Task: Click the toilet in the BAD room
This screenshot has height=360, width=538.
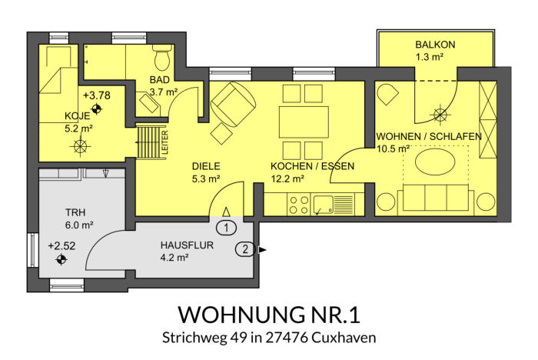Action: point(162,58)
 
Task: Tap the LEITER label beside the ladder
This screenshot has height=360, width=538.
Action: point(164,142)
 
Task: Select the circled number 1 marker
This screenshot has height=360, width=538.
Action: point(227,228)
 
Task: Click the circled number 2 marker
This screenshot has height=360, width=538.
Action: point(245,249)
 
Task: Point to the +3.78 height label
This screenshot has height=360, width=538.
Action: point(97,95)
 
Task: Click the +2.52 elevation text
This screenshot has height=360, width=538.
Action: point(61,246)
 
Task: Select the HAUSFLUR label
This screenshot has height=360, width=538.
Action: point(187,245)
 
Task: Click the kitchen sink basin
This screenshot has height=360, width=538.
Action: point(324,204)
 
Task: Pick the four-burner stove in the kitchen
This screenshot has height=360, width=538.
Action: point(299,205)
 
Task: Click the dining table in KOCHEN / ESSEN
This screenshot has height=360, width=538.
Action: point(304,122)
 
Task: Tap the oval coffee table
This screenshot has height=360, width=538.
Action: point(436,162)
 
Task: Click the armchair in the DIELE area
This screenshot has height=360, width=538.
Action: point(234,104)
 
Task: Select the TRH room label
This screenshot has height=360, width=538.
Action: point(75,212)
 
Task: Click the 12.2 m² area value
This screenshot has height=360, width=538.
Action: point(287,179)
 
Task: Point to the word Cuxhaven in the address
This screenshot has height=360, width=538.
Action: point(344,338)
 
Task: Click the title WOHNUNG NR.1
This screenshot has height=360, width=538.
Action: point(269,315)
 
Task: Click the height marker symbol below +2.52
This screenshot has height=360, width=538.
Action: point(61,260)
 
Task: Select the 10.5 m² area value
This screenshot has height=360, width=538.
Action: point(394,148)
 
